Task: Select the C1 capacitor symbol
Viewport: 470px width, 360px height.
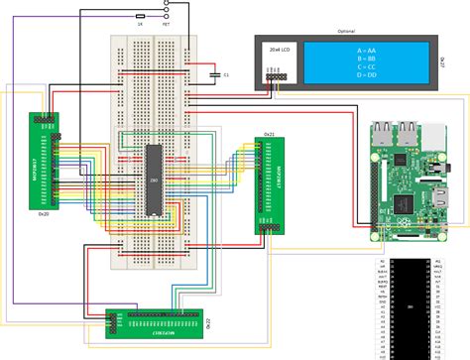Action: coord(215,73)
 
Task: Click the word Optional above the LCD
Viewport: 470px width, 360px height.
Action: coord(347,31)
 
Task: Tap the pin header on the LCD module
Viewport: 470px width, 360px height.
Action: coord(274,75)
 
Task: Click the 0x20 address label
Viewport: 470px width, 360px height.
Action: coord(43,212)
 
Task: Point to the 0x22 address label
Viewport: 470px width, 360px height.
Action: coord(207,323)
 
